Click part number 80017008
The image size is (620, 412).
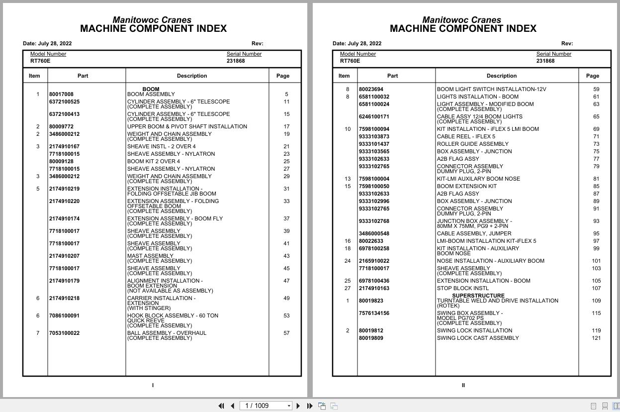61,94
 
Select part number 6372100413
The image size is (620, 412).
64,114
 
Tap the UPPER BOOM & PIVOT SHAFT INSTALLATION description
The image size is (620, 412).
187,126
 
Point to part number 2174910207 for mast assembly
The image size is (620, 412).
64,256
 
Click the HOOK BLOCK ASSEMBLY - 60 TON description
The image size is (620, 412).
173,315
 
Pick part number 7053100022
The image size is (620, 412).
64,333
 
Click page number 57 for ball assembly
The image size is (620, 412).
286,333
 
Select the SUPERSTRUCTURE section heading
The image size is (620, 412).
478,296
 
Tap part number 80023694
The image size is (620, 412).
371,89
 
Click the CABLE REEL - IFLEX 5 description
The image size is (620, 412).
466,136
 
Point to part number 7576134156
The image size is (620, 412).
374,313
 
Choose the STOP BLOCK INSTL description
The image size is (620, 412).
462,288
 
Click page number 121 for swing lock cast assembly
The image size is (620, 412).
596,338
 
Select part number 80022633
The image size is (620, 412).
371,241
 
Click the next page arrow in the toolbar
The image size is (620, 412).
298,406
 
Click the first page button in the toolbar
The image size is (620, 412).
221,406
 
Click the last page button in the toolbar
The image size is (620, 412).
310,406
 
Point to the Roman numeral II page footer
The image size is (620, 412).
463,385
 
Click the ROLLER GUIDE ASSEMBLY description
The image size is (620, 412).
472,144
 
